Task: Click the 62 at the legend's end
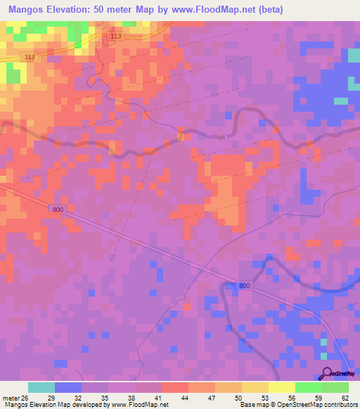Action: [344, 398]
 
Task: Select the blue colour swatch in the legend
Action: [68, 387]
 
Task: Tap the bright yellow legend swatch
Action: [282, 387]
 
